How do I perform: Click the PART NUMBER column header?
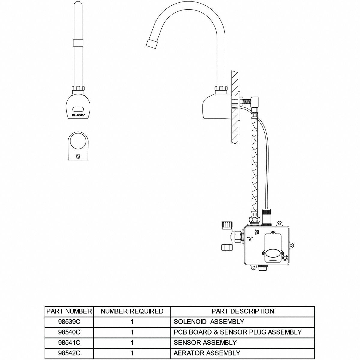click(69, 311)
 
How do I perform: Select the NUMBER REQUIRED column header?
click(132, 311)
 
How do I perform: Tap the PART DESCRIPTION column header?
click(243, 311)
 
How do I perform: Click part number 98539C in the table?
click(69, 322)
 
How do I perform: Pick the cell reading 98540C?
click(69, 332)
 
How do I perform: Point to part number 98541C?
click(69, 343)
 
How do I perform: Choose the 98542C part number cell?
click(69, 353)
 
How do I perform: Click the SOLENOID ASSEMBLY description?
click(209, 322)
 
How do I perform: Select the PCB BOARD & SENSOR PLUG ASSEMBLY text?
click(238, 332)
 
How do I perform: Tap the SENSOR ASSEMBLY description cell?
click(205, 343)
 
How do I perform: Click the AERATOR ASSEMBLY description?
click(207, 353)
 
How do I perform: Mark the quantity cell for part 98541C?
click(132, 343)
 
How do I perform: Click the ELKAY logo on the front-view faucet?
click(77, 115)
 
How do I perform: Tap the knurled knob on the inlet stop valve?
click(226, 224)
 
